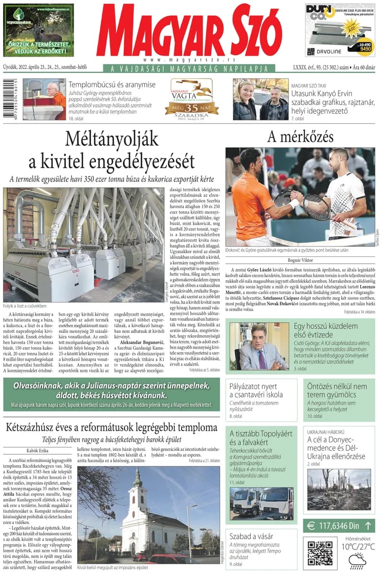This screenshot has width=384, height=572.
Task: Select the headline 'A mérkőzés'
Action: [300, 137]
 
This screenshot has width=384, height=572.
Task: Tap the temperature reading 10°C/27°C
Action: [358, 547]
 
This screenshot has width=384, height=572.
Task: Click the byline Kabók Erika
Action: [39, 450]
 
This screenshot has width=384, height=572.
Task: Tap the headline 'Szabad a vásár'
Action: [251, 536]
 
